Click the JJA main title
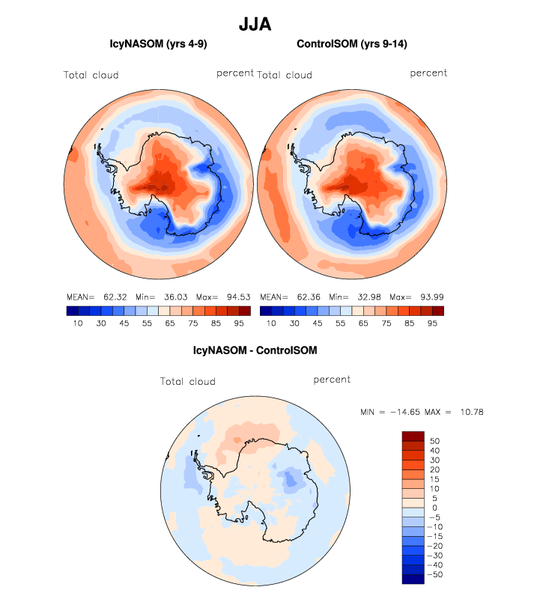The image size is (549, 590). (255, 24)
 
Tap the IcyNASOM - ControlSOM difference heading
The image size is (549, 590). (255, 350)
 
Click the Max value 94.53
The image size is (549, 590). (236, 297)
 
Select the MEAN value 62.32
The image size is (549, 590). (115, 297)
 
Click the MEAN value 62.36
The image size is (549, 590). (308, 297)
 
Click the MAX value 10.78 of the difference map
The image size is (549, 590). (479, 413)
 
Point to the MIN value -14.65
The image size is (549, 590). (410, 413)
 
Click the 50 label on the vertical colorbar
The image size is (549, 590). (435, 441)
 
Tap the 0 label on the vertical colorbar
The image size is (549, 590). (432, 508)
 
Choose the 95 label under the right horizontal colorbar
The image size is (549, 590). (432, 323)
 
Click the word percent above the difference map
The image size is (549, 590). (332, 380)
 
